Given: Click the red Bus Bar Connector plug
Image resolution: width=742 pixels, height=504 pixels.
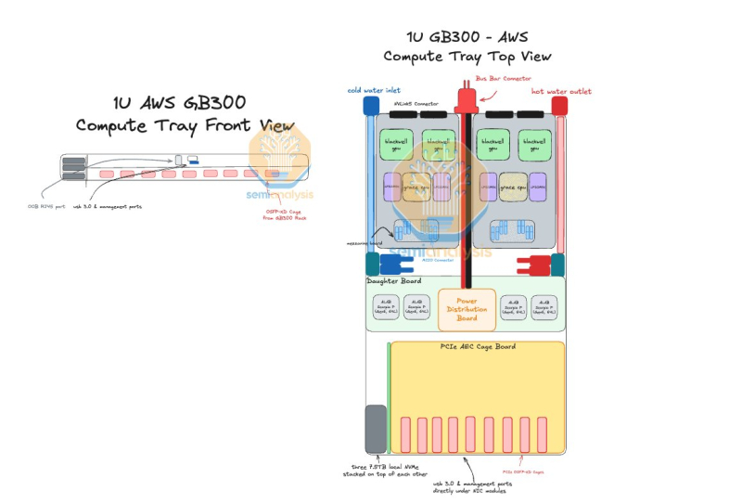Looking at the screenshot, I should click(x=464, y=100).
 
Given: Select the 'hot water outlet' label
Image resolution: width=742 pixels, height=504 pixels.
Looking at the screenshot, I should click(x=560, y=92).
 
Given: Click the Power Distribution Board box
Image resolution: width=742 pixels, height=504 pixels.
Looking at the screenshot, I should click(x=467, y=310).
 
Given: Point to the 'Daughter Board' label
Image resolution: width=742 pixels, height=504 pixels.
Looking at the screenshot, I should click(x=394, y=281).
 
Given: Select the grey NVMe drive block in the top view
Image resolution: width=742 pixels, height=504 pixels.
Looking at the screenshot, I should click(x=376, y=429).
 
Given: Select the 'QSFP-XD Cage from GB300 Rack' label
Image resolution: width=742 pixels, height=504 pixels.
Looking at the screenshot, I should click(x=285, y=214).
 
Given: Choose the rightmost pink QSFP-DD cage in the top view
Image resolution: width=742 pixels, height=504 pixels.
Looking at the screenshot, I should click(x=542, y=433).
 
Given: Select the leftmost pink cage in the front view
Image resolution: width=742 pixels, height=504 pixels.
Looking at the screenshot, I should click(x=106, y=174).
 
